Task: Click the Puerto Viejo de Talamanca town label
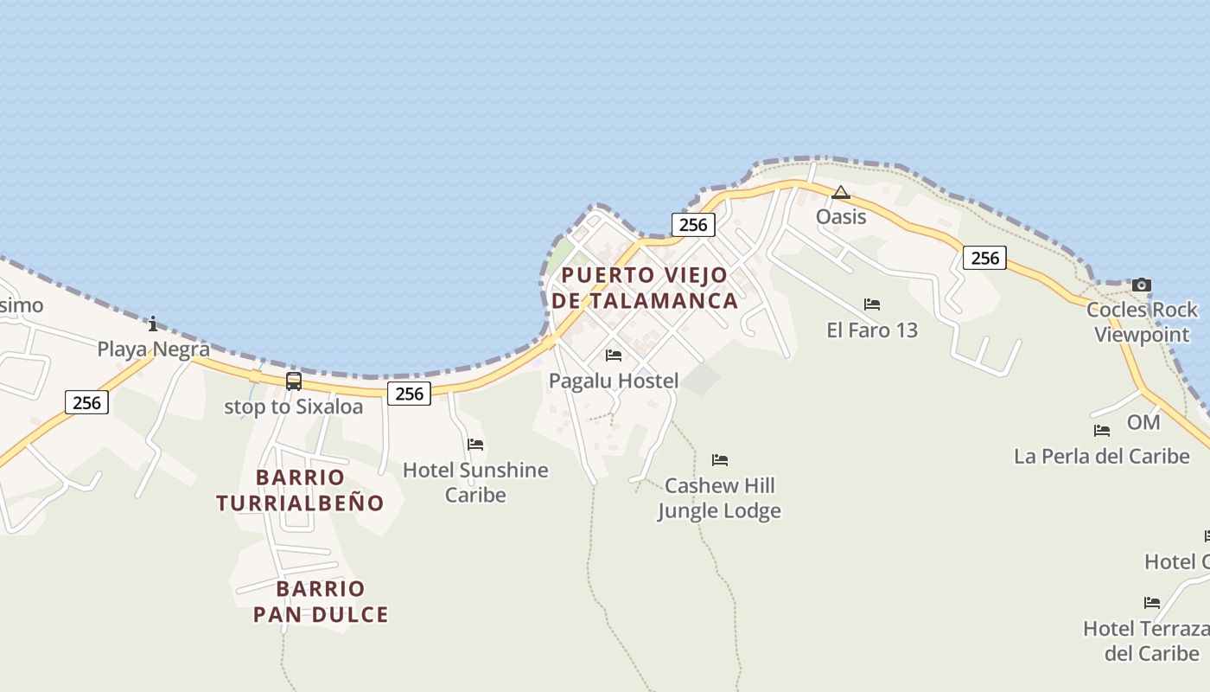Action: click(x=645, y=288)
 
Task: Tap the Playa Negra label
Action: click(x=153, y=349)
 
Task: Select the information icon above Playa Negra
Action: click(x=153, y=324)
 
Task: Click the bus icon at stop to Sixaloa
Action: click(x=294, y=381)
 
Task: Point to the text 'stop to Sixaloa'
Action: click(x=294, y=407)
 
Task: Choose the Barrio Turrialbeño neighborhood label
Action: click(x=300, y=490)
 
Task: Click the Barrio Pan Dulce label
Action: click(x=321, y=602)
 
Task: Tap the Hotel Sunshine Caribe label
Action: click(x=475, y=483)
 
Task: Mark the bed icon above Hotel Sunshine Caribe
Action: click(x=475, y=445)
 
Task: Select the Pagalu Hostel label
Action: click(x=614, y=381)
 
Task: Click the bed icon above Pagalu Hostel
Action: click(x=614, y=356)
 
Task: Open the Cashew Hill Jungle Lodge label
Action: click(x=719, y=498)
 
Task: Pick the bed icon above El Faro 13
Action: click(x=872, y=304)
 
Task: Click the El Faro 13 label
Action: click(x=872, y=330)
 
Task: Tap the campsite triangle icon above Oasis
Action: click(x=841, y=192)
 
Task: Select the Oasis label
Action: click(x=841, y=216)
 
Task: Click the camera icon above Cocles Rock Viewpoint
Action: click(x=1142, y=285)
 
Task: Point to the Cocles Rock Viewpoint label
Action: click(x=1142, y=322)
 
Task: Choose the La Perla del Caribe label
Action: click(x=1101, y=456)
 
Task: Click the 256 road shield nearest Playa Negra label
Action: click(x=87, y=402)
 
